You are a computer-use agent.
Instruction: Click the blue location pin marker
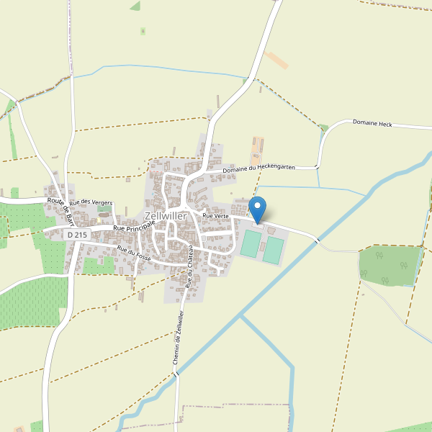(257, 208)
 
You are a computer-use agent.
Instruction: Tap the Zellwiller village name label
(166, 216)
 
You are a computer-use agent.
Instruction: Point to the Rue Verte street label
(215, 215)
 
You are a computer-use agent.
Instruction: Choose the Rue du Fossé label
(133, 253)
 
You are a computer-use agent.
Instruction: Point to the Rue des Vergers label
(91, 203)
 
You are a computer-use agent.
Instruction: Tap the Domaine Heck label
(372, 123)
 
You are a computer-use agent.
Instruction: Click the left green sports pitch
(250, 243)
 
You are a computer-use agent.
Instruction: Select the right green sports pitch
(273, 249)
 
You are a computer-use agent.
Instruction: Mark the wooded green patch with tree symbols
(389, 265)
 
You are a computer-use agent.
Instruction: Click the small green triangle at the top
(135, 6)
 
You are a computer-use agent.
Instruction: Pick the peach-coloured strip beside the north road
(276, 60)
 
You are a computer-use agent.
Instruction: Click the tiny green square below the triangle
(143, 31)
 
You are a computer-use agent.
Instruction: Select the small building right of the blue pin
(271, 230)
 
